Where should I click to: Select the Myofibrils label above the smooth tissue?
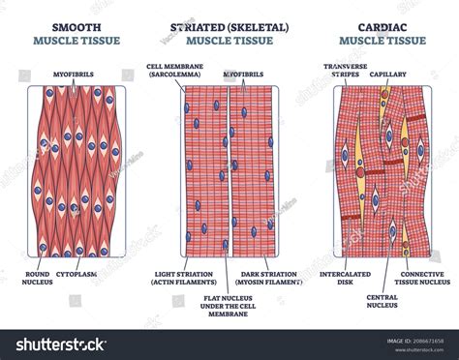coord(67,72)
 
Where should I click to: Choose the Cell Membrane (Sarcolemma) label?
coord(174,72)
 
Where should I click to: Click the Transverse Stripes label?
coord(346,72)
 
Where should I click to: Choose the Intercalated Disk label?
coord(346,278)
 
